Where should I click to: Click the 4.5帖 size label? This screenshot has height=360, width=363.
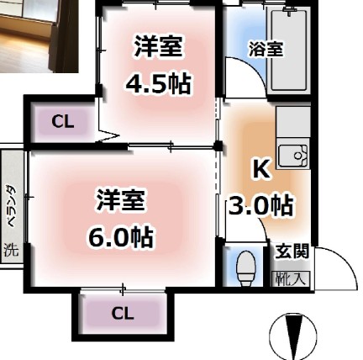(158, 84)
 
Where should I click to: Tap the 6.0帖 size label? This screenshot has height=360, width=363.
(121, 237)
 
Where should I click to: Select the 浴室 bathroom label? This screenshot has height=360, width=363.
(265, 49)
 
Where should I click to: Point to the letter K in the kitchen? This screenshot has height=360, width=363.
(260, 169)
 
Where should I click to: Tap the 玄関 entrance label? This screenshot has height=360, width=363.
(292, 251)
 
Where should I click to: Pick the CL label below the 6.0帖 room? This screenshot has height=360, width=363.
(123, 314)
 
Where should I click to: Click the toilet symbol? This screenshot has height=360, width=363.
(246, 270)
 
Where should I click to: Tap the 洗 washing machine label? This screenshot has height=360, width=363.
(11, 250)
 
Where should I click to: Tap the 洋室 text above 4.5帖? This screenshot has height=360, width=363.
(158, 48)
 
